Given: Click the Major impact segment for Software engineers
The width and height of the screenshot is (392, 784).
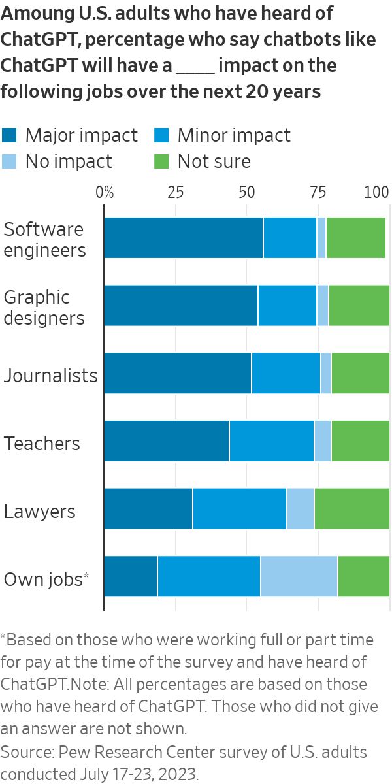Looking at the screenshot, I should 184,238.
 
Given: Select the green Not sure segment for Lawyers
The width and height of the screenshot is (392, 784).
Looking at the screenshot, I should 351,508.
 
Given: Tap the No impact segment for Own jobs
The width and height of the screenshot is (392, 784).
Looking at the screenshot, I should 299,576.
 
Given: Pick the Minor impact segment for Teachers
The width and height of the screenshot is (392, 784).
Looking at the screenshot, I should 271,441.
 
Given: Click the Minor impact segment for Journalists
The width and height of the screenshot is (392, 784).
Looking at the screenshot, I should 286,373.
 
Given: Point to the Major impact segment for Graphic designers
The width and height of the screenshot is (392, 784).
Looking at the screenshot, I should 181,305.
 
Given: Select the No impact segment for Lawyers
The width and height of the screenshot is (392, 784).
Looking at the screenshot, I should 300,508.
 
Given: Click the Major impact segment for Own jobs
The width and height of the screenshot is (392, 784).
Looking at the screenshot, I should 131,576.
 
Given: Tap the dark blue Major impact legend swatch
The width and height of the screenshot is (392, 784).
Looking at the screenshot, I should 10,135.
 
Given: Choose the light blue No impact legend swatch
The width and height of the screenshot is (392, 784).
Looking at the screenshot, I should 10,161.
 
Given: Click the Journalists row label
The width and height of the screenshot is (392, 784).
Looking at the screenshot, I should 51,376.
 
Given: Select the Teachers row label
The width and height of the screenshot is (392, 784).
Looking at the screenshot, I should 42,444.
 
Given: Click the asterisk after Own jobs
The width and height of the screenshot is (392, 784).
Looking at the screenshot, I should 87,575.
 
